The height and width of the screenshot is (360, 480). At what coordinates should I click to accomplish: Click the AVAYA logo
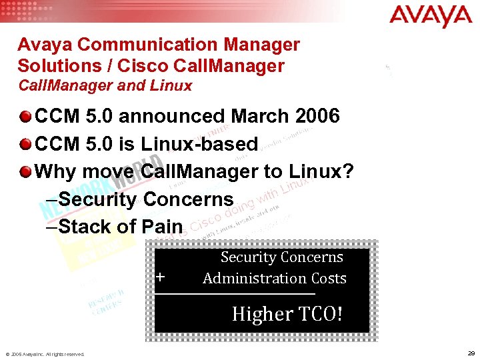tap(431, 15)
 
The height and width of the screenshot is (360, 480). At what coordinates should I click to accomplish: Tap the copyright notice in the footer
tap(45, 354)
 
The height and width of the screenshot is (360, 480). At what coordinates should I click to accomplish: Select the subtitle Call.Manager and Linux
tap(105, 85)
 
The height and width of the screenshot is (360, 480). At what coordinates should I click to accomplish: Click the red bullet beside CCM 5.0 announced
tap(25, 117)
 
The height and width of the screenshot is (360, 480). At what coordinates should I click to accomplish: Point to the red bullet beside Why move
tap(25, 172)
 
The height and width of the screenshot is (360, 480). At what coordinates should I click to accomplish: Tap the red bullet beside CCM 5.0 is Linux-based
tap(25, 145)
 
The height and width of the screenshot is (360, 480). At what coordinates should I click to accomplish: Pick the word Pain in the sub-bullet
tap(162, 226)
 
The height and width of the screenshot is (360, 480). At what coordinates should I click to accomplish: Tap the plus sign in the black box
tap(161, 277)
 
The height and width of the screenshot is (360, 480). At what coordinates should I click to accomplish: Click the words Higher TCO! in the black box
tap(287, 313)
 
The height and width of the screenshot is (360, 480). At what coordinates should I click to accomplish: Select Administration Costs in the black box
tap(275, 278)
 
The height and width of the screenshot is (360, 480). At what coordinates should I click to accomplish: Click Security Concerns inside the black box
tap(281, 257)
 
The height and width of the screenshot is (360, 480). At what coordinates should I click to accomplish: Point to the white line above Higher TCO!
tap(235, 293)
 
